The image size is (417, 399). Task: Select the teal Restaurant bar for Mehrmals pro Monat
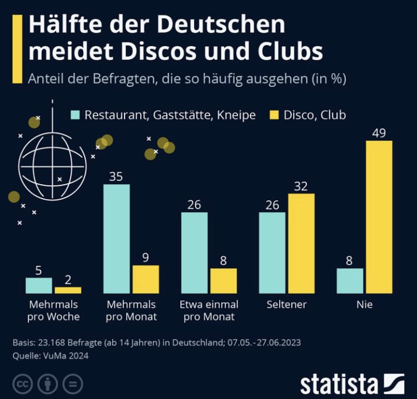click(x=116, y=239)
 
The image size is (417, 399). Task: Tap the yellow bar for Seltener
click(x=301, y=243)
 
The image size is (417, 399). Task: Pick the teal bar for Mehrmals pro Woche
click(x=38, y=285)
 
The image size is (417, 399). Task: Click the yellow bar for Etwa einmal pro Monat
click(x=223, y=281)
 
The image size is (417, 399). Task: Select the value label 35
click(x=116, y=177)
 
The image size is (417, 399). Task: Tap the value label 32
click(x=301, y=186)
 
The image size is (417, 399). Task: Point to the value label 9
click(x=145, y=258)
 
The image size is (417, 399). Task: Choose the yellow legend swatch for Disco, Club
click(x=274, y=115)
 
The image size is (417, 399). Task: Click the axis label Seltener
click(x=286, y=305)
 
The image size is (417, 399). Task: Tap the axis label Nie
click(x=365, y=305)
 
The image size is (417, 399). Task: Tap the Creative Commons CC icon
click(x=23, y=383)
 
